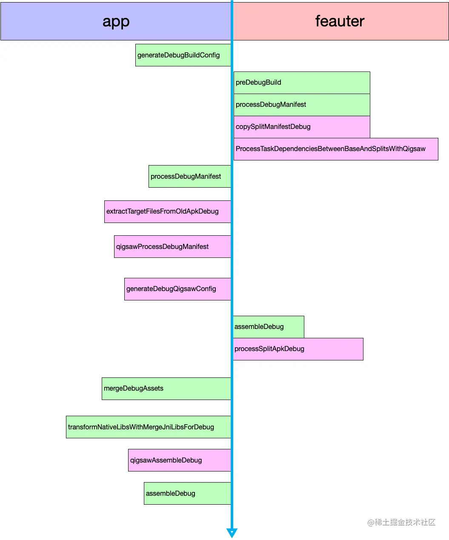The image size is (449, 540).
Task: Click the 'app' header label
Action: pyautogui.click(x=116, y=21)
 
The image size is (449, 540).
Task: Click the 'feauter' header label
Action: pyautogui.click(x=340, y=21)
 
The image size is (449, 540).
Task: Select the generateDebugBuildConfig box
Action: pyautogui.click(x=183, y=55)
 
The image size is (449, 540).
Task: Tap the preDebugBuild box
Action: pyautogui.click(x=302, y=83)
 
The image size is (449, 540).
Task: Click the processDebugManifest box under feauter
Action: pyautogui.click(x=302, y=105)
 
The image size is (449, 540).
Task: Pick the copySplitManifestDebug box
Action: pyautogui.click(x=302, y=127)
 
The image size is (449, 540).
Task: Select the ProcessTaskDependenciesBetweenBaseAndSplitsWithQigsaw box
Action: pyautogui.click(x=336, y=149)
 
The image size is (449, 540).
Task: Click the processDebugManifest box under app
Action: pyautogui.click(x=189, y=176)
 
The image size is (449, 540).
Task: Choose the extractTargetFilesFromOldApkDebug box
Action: pyautogui.click(x=167, y=211)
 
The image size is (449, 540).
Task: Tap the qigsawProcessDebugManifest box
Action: pyautogui.click(x=172, y=246)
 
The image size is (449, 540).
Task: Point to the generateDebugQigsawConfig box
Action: pyautogui.click(x=177, y=289)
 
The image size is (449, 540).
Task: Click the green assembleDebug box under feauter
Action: pyautogui.click(x=269, y=327)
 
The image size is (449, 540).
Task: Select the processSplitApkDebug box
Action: pyautogui.click(x=298, y=349)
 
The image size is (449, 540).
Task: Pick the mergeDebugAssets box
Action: pyautogui.click(x=166, y=389)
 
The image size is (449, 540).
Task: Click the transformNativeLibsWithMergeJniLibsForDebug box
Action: pyautogui.click(x=148, y=427)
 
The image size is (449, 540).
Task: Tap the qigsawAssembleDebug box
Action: pyautogui.click(x=179, y=460)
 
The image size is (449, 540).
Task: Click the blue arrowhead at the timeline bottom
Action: pyautogui.click(x=232, y=533)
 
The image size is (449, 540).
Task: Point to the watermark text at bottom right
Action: pyautogui.click(x=401, y=522)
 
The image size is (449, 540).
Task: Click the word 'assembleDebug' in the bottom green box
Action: pyautogui.click(x=170, y=494)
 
